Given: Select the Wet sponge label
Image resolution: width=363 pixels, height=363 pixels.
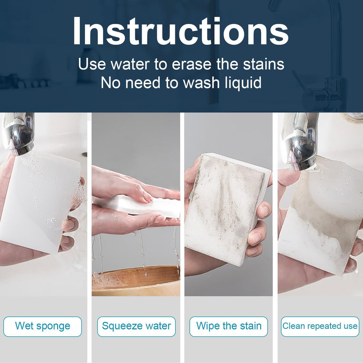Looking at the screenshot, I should pos(43,326).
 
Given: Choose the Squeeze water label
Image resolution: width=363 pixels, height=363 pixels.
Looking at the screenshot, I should pos(136,326).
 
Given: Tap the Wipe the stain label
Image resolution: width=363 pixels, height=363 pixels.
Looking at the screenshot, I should pos(229,326).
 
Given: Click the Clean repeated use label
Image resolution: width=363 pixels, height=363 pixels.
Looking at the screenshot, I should pos(320,326).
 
